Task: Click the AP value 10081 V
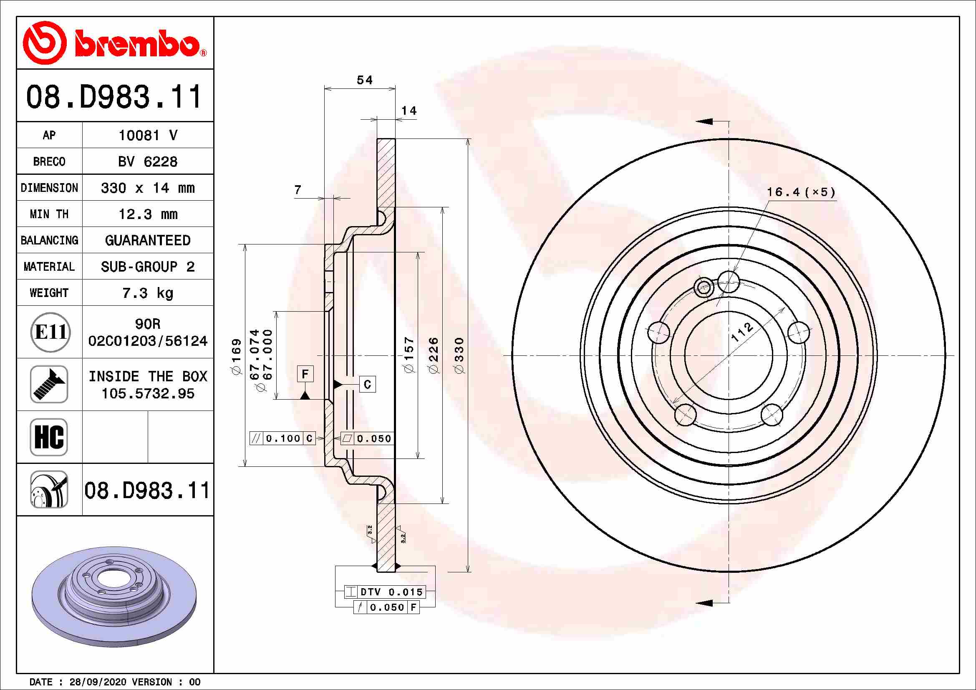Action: click(x=148, y=136)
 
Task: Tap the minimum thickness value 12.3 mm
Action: click(x=148, y=214)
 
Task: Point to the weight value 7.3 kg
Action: click(x=148, y=293)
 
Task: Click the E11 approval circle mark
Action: click(x=50, y=332)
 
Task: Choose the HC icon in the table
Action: click(x=49, y=437)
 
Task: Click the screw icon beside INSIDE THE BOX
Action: click(x=49, y=385)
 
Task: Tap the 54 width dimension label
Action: click(x=365, y=80)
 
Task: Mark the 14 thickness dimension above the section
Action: click(x=409, y=111)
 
